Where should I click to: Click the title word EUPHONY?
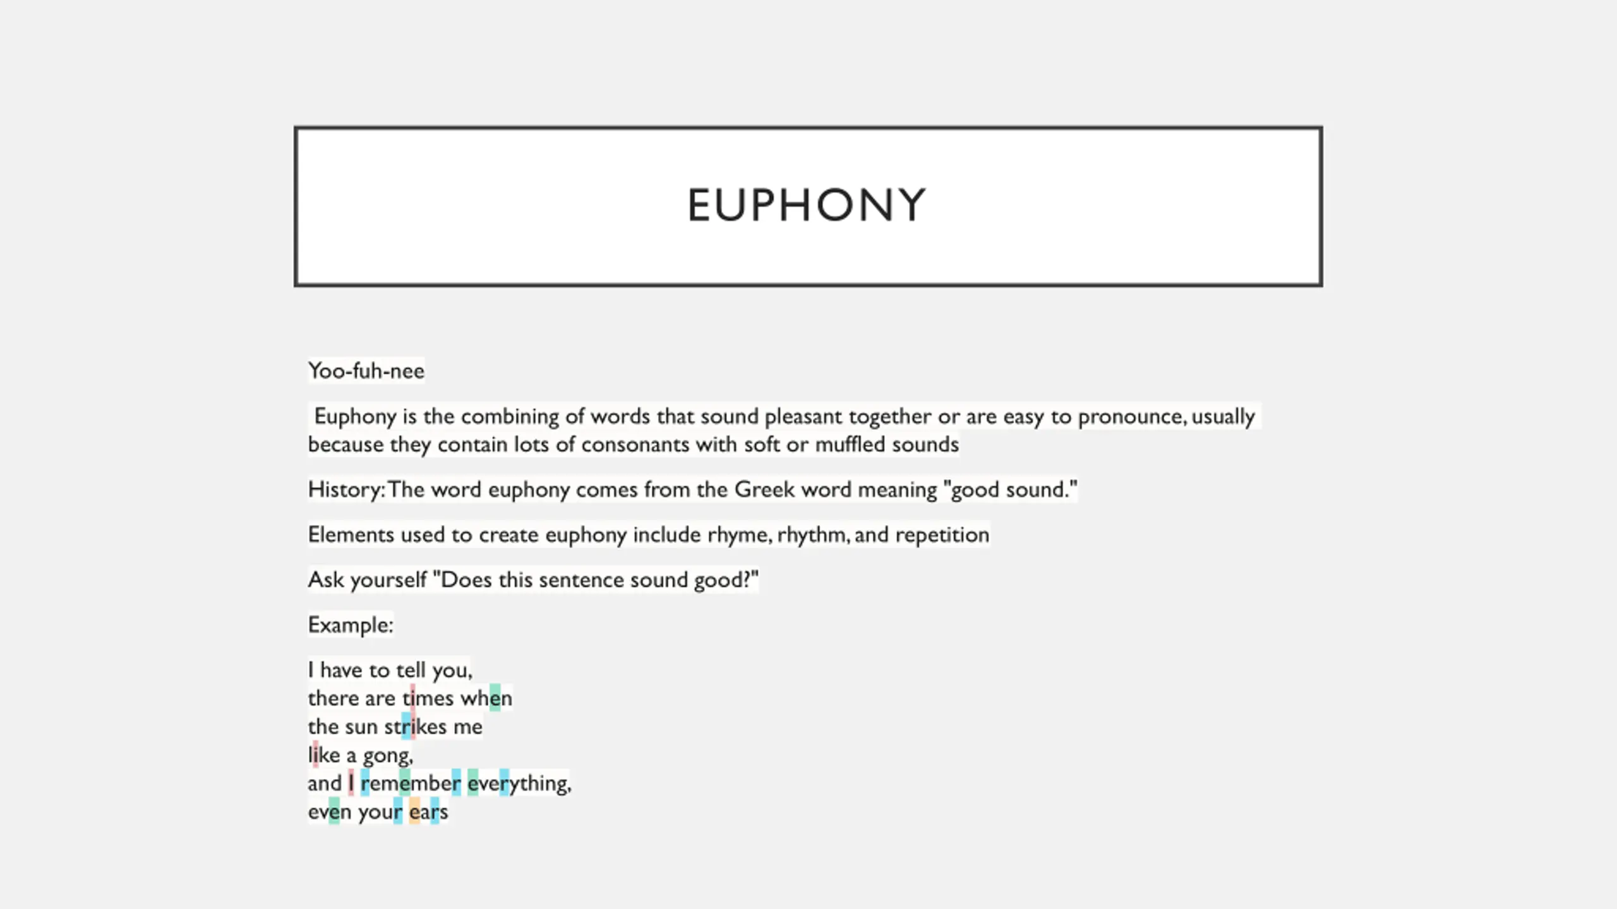pyautogui.click(x=807, y=206)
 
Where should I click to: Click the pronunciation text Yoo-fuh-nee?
pyautogui.click(x=366, y=371)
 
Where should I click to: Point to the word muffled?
pyautogui.click(x=850, y=444)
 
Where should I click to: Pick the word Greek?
pyautogui.click(x=764, y=490)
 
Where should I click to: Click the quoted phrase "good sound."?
pyautogui.click(x=1010, y=490)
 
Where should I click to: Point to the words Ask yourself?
pyautogui.click(x=367, y=580)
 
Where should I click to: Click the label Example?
pyautogui.click(x=351, y=625)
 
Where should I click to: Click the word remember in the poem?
pyautogui.click(x=411, y=783)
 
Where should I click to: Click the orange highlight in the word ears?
pyautogui.click(x=414, y=812)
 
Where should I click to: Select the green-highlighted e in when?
pyautogui.click(x=495, y=698)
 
